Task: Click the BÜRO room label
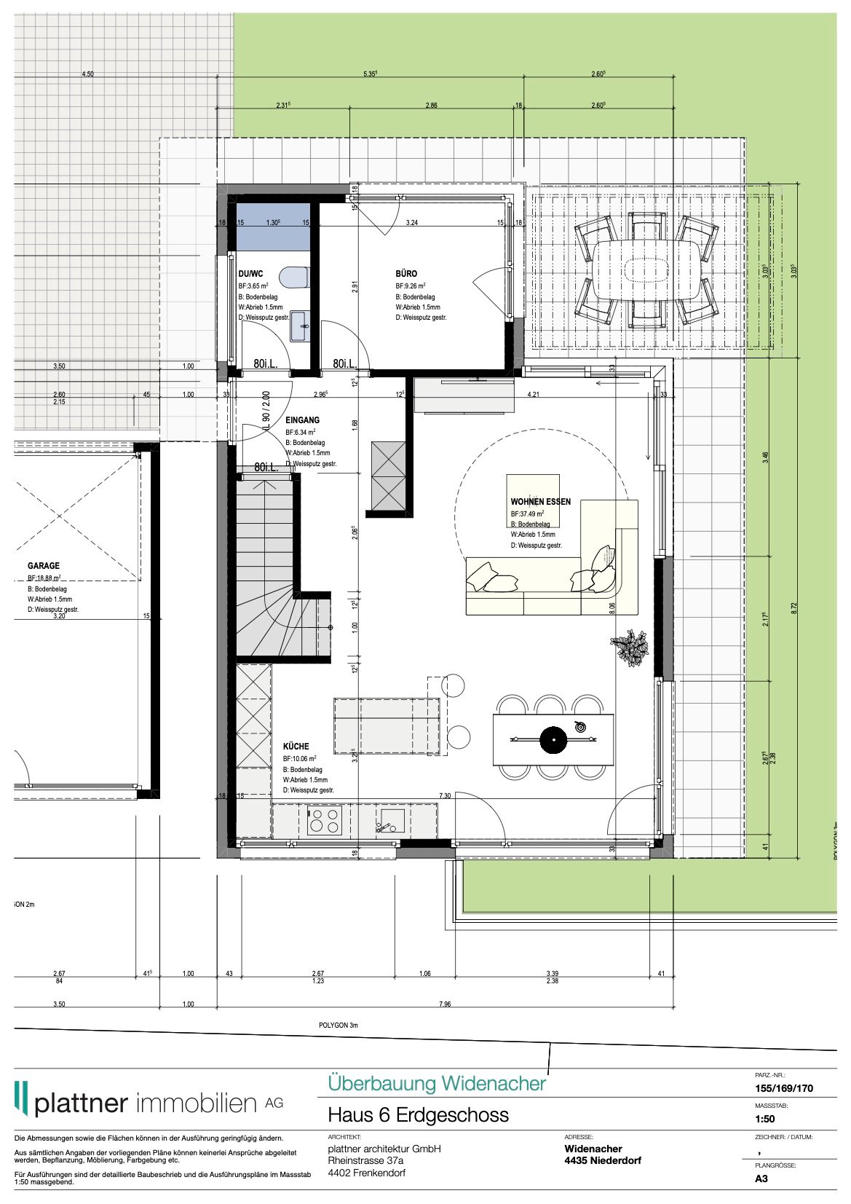click(406, 274)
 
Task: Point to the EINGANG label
click(302, 420)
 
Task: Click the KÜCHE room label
click(296, 747)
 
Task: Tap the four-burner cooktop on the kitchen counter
click(324, 821)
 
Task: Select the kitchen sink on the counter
click(391, 821)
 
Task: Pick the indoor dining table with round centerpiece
click(553, 740)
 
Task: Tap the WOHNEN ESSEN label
click(540, 502)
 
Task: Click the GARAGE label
click(44, 566)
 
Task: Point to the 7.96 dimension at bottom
click(445, 1004)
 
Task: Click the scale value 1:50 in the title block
click(765, 1119)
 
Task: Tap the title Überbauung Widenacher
click(437, 1084)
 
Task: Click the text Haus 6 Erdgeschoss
click(418, 1115)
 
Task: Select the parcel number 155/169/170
click(784, 1089)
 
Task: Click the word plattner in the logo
click(81, 1103)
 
